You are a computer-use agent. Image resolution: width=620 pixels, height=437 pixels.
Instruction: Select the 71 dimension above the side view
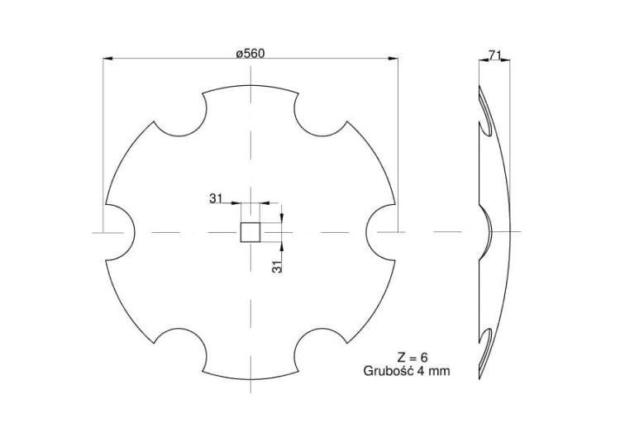(495, 55)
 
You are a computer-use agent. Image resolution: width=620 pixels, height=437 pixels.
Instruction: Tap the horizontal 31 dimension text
(216, 198)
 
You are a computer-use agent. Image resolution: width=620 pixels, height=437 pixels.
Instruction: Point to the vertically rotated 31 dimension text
(278, 265)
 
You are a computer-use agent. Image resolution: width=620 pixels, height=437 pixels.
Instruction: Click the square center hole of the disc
(250, 231)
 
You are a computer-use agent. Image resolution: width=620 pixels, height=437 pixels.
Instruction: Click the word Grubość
(390, 371)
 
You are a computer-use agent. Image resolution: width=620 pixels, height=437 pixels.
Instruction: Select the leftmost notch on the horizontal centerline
(121, 231)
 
